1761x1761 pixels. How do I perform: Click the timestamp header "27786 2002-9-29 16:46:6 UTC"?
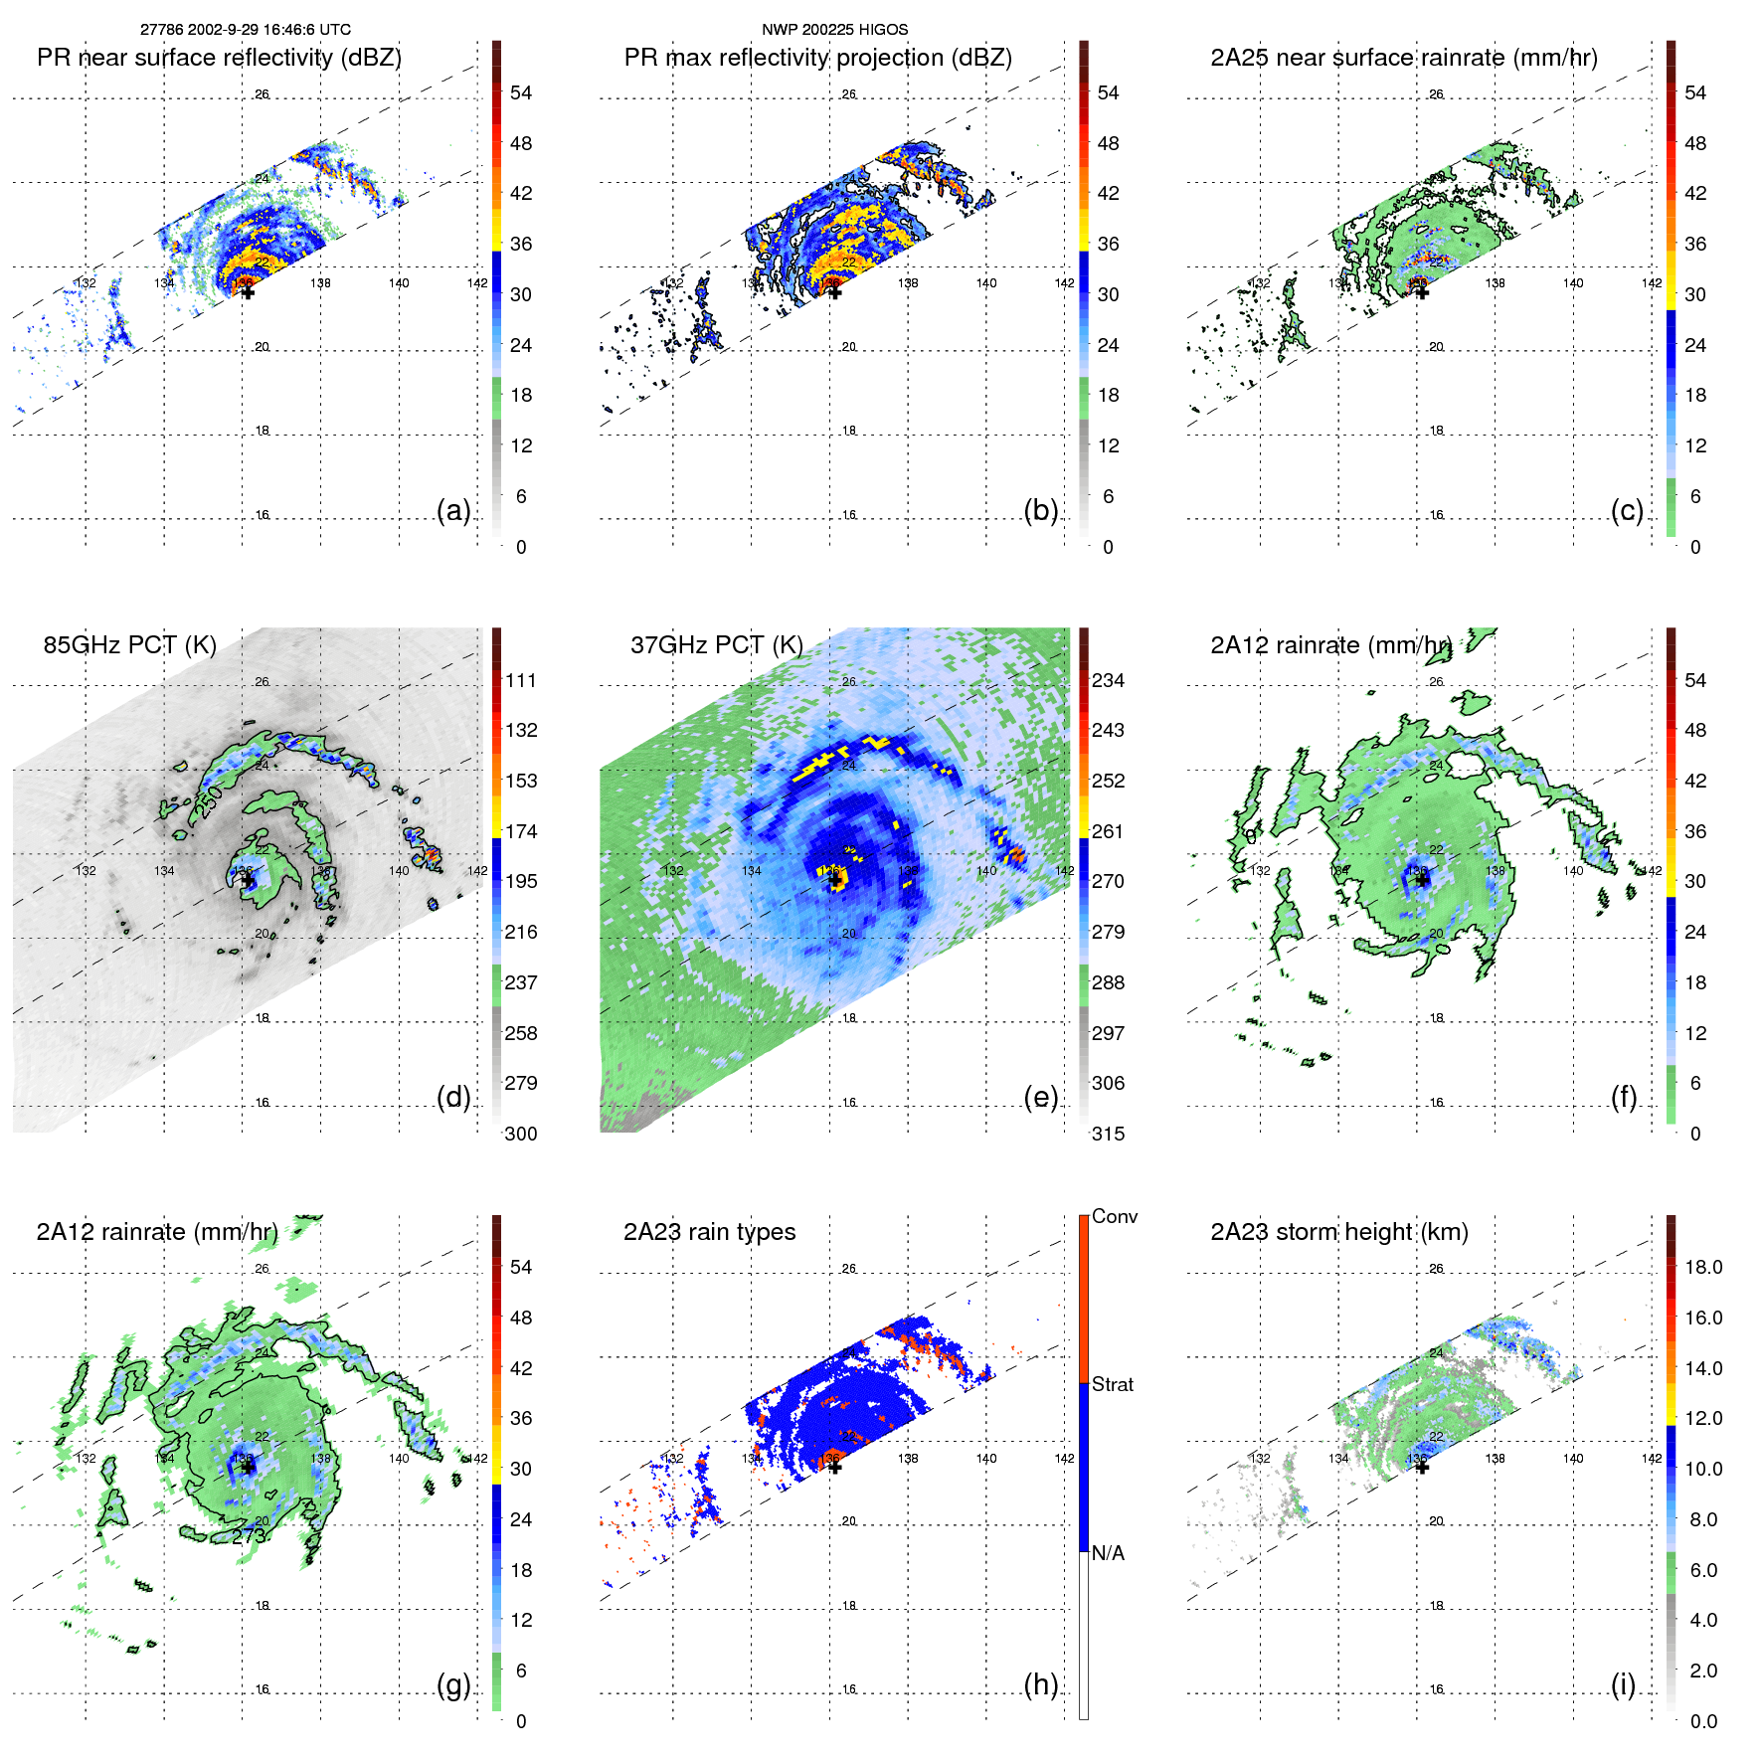click(x=245, y=30)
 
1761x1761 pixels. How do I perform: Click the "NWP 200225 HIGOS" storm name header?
click(x=834, y=30)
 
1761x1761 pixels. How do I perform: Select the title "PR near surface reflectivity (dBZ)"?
click(x=219, y=58)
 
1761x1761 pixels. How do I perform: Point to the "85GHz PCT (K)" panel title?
click(x=129, y=645)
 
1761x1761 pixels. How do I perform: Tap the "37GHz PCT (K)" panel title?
click(x=716, y=645)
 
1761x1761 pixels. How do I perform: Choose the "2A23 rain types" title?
click(x=709, y=1232)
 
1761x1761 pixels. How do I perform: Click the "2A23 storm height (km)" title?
click(x=1338, y=1232)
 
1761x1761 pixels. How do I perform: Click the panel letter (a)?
click(x=453, y=510)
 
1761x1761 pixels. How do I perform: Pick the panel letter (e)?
click(x=1040, y=1097)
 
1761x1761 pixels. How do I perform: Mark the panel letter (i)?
click(x=1623, y=1684)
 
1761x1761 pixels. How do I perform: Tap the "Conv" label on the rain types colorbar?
click(x=1114, y=1216)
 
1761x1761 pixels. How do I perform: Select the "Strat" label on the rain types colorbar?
click(x=1112, y=1384)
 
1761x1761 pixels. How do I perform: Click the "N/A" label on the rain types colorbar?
click(x=1109, y=1553)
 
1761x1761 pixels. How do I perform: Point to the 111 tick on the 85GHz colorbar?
click(x=521, y=680)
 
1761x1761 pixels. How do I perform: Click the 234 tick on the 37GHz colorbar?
click(x=1108, y=680)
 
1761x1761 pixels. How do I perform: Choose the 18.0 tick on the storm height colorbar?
click(x=1703, y=1267)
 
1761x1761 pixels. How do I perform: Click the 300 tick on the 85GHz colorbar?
click(x=521, y=1134)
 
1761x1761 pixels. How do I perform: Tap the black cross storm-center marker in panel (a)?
click(x=248, y=291)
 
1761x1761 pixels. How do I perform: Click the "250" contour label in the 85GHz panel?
click(x=208, y=801)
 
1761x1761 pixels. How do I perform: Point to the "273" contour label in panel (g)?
click(x=250, y=1536)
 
